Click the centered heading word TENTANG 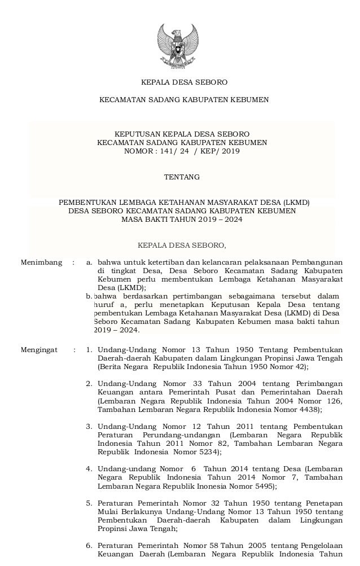click(x=182, y=177)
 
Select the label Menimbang click(x=41, y=262)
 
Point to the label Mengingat click(x=39, y=350)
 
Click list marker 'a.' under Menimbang click(x=89, y=262)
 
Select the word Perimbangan click(x=318, y=384)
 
